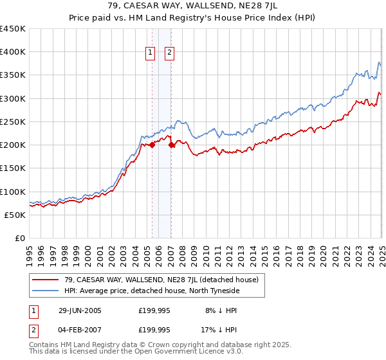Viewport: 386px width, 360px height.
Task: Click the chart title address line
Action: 192,7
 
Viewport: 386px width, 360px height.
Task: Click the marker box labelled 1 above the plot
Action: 151,53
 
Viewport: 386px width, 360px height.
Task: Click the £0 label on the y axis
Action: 19,238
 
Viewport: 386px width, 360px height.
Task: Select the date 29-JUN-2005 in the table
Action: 77,310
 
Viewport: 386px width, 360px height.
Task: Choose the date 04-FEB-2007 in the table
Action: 77,330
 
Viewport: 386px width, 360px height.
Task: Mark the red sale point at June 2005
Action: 152,145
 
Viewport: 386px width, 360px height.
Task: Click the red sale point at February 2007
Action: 172,145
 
